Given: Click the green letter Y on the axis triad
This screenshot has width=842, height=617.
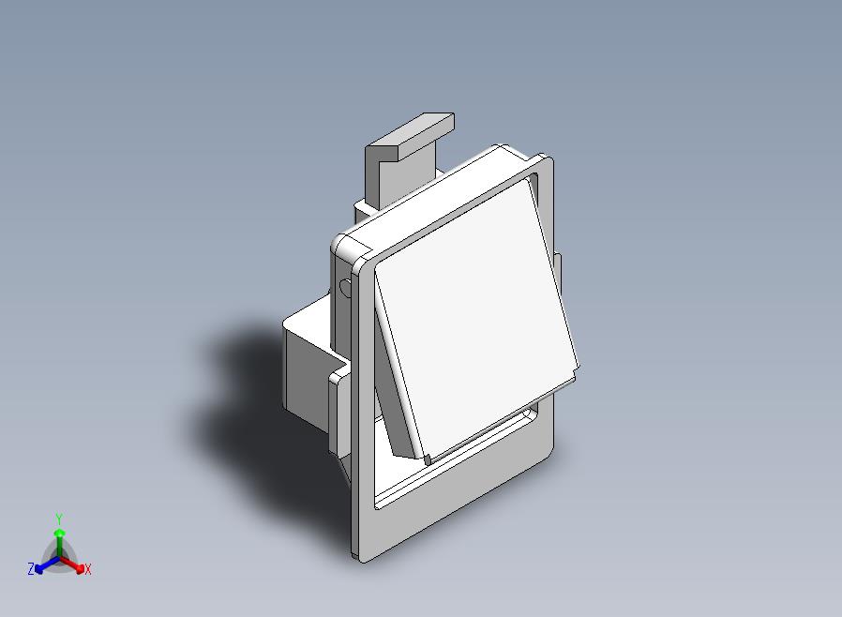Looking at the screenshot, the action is click(59, 519).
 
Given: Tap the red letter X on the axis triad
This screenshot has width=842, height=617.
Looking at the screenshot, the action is click(87, 569).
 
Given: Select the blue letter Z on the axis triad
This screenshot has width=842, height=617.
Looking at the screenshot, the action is click(31, 568).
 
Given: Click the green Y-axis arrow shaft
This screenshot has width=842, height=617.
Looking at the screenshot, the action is click(59, 544).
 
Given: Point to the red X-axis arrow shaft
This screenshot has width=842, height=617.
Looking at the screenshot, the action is click(72, 564).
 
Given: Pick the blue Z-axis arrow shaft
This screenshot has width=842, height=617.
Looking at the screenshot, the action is click(47, 564).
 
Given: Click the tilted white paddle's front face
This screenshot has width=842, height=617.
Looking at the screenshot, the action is click(475, 317).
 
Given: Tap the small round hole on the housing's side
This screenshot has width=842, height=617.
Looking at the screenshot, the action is click(345, 287).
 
